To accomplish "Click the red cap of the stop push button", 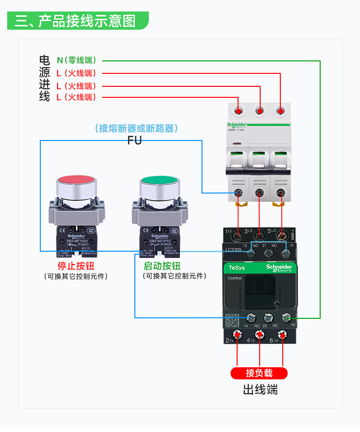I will click(x=76, y=182).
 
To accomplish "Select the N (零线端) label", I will click(x=76, y=60).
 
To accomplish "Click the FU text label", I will click(x=134, y=140).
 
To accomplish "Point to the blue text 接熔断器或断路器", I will click(x=136, y=128).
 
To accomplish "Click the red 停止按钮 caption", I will click(x=76, y=266).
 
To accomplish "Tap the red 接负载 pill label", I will click(x=259, y=373).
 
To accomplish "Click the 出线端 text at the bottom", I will click(x=260, y=389).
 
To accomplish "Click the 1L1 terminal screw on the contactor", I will click(x=238, y=236).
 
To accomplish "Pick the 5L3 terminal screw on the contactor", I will click(x=281, y=236).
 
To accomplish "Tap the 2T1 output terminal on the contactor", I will click(x=238, y=335).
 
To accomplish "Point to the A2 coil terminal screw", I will click(x=287, y=317).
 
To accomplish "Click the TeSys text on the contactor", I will click(x=237, y=268).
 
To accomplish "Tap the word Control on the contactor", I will click(x=235, y=278).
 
